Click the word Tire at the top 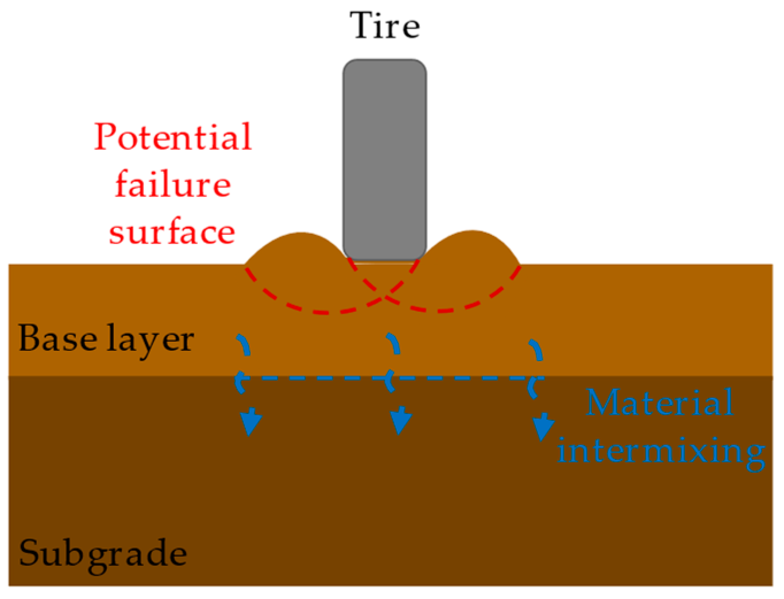click(385, 26)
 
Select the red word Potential click(173, 137)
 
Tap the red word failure click(173, 184)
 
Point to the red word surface click(172, 232)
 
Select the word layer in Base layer click(150, 339)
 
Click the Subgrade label click(103, 554)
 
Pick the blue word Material click(660, 403)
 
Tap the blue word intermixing click(661, 451)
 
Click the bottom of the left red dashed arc click(322, 312)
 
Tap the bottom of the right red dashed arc click(442, 311)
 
